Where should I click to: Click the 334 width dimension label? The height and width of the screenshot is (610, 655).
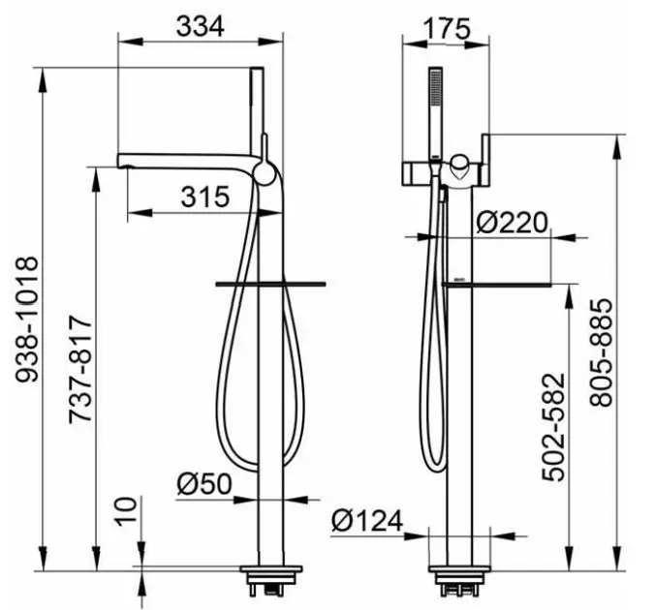(201, 27)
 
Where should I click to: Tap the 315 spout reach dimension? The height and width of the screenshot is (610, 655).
(205, 197)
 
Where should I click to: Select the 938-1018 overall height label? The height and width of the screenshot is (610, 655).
(27, 320)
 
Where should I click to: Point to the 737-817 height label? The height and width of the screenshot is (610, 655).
(79, 370)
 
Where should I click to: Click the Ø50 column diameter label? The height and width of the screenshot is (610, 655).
(204, 483)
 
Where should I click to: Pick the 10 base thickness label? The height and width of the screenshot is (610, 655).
(126, 510)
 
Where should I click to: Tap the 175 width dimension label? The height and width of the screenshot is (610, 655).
(447, 29)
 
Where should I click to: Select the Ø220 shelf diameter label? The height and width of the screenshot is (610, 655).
(512, 223)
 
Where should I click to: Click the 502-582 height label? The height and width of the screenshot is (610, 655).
(553, 427)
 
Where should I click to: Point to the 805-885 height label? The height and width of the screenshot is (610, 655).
(601, 352)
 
